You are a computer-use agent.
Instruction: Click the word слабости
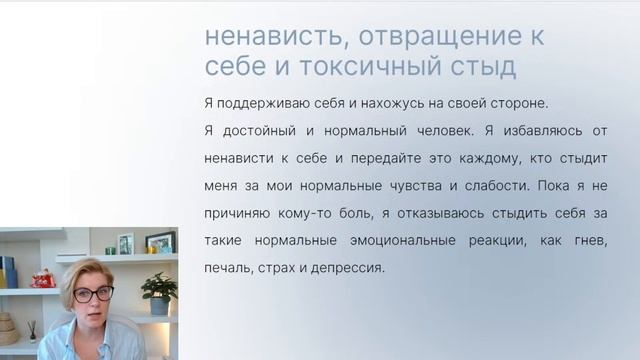pyautogui.click(x=515, y=186)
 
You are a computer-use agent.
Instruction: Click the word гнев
pyautogui.click(x=591, y=241)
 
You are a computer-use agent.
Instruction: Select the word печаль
pyautogui.click(x=226, y=268)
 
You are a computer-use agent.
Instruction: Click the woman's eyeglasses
pyautogui.click(x=91, y=294)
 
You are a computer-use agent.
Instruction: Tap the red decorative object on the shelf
pyautogui.click(x=43, y=278)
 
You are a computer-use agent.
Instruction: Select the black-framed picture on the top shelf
pyautogui.click(x=160, y=242)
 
